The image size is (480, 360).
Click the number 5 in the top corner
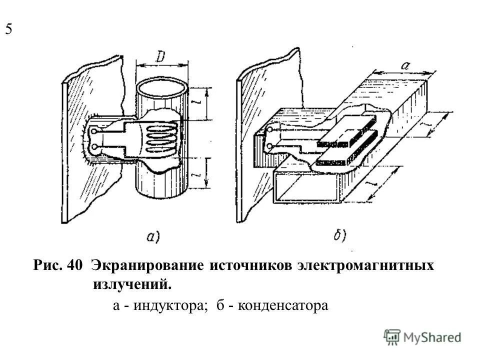(9, 29)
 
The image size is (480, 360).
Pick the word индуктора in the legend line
(168, 305)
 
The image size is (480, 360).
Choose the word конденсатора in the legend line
(282, 305)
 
